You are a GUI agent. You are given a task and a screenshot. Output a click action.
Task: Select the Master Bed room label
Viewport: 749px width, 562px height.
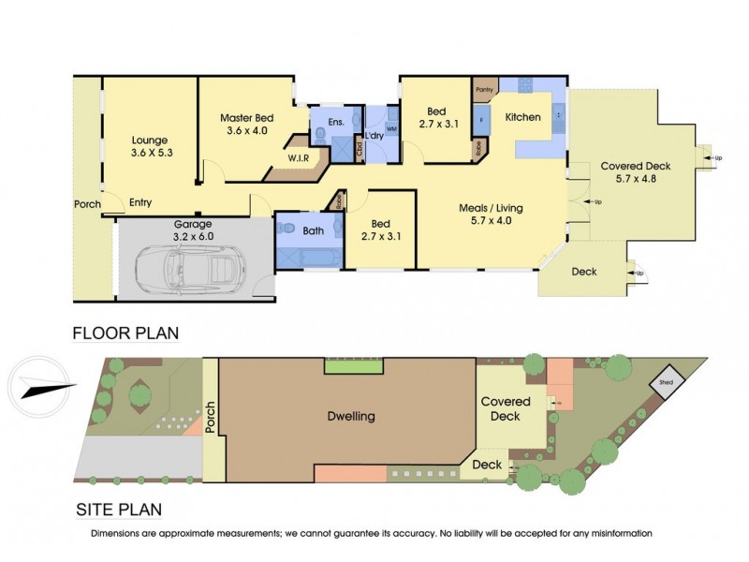click(x=246, y=118)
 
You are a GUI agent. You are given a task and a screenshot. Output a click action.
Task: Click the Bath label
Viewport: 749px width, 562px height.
click(x=312, y=229)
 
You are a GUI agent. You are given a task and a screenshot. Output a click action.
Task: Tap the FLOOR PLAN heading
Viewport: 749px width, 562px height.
click(x=125, y=333)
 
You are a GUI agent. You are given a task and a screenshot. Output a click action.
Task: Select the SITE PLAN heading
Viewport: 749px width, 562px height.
click(x=118, y=510)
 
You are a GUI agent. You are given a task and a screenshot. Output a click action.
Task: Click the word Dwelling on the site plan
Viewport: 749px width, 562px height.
click(x=351, y=416)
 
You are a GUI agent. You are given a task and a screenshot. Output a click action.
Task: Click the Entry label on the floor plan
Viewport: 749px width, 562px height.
click(x=140, y=203)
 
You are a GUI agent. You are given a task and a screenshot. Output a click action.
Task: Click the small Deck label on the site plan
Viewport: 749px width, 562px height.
click(x=488, y=465)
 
